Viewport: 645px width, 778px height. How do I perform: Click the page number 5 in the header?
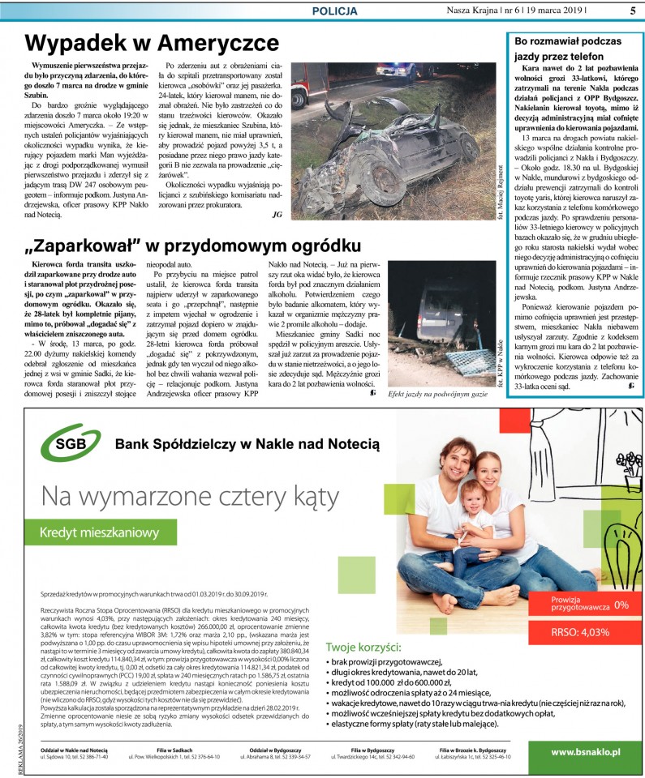point(632,11)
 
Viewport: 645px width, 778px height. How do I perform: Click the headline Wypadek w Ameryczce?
point(152,43)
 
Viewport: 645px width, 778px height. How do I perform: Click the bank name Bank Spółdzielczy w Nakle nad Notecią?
point(247,444)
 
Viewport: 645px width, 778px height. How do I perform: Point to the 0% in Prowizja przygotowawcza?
point(621,605)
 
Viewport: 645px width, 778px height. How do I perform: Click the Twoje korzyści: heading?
point(363,647)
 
